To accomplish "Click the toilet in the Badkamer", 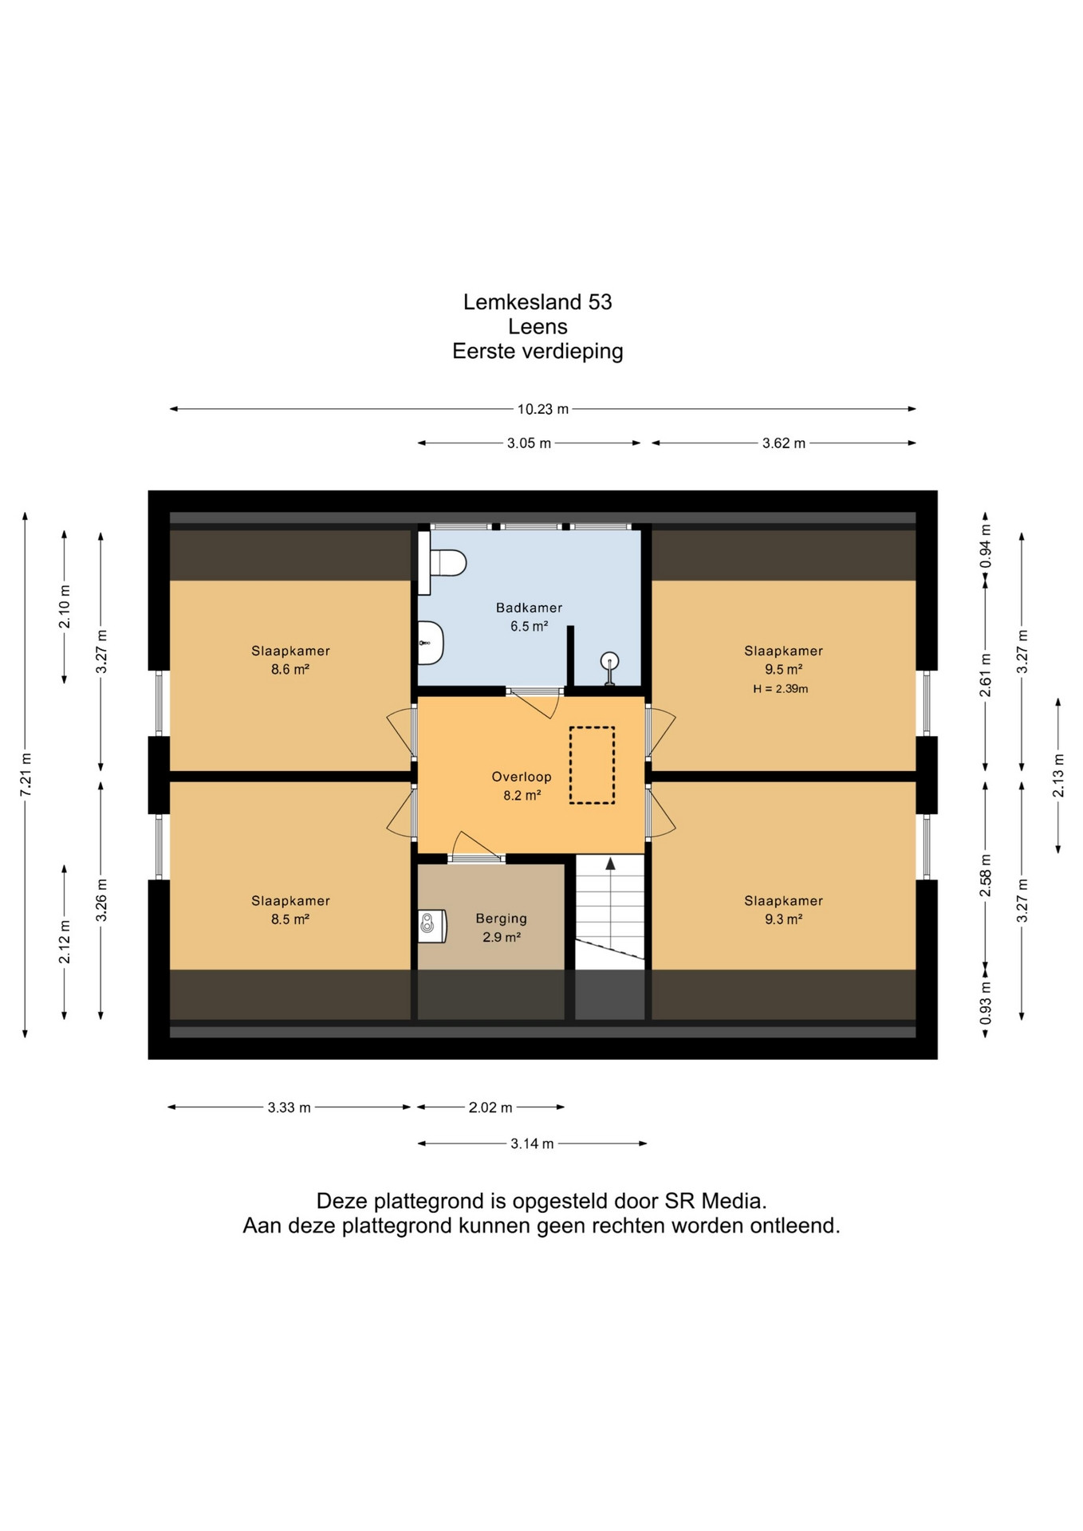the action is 443,563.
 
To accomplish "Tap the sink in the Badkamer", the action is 431,643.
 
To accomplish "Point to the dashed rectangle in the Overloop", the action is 592,765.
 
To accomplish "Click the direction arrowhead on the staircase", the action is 610,863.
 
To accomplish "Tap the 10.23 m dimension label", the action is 543,409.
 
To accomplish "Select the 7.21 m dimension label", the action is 26,773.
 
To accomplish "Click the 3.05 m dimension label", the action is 529,443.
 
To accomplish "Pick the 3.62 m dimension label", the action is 783,443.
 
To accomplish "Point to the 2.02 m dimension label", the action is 490,1108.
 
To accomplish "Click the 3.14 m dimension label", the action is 532,1144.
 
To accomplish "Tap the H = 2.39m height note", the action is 781,689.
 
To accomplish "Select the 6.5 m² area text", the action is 530,627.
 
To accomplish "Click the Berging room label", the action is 502,919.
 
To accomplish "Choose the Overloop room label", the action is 522,777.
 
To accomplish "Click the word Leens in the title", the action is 538,327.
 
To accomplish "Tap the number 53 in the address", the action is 601,302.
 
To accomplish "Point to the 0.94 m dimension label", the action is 986,545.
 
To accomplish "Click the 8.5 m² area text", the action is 290,919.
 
